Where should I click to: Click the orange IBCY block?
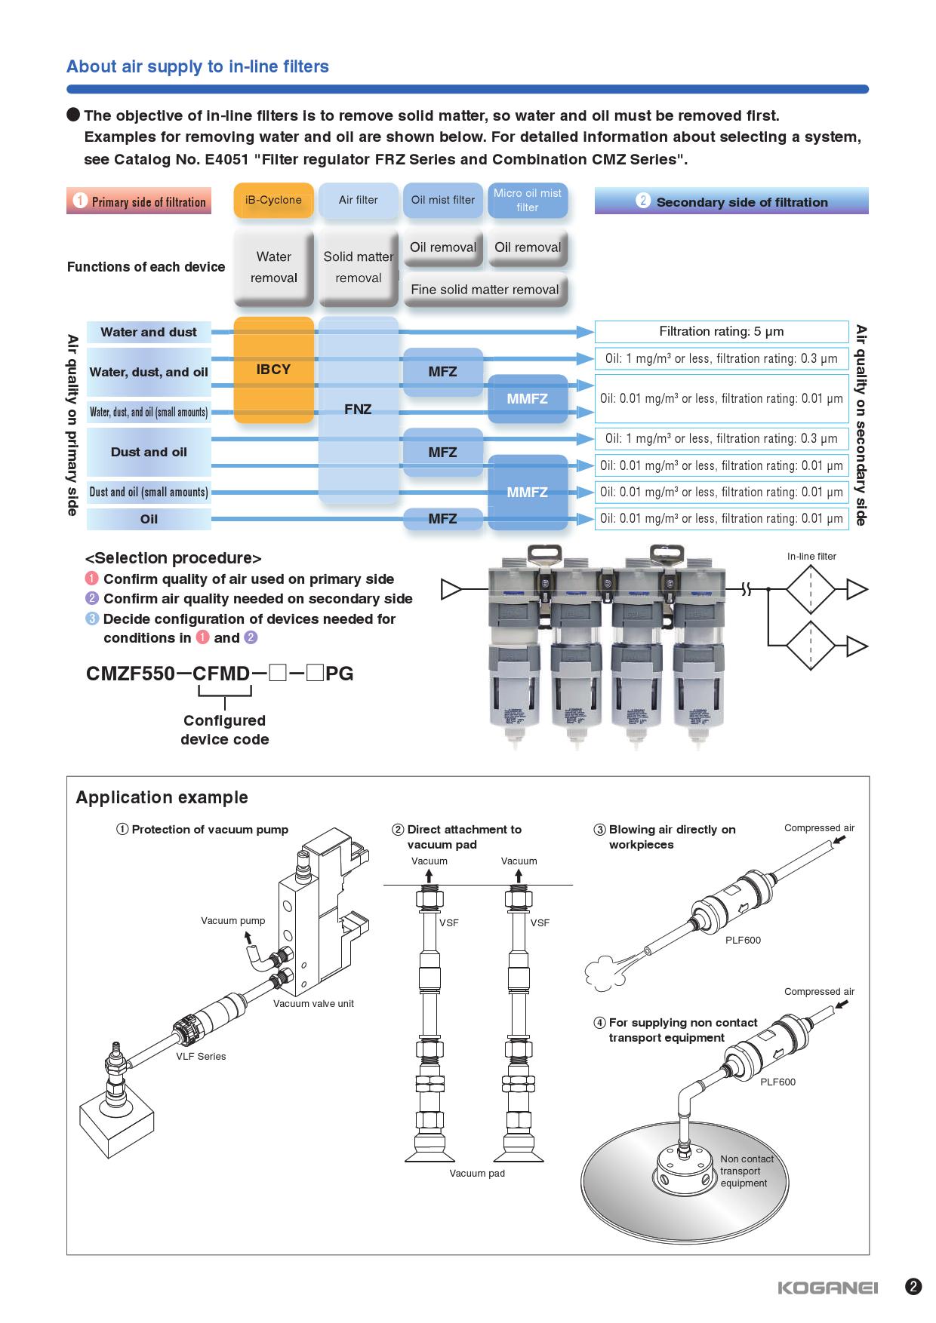click(273, 370)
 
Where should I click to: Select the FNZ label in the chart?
click(358, 410)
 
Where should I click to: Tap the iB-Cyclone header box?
click(273, 201)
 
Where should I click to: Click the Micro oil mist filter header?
click(527, 201)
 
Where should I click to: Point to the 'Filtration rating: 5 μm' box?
click(721, 331)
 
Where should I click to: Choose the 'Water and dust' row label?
click(149, 332)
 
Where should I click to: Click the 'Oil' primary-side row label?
click(149, 519)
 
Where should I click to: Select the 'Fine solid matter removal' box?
click(485, 290)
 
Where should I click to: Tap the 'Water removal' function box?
click(273, 268)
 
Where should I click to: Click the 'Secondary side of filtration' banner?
click(731, 201)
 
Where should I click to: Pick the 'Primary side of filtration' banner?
click(139, 201)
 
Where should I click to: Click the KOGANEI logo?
click(827, 1288)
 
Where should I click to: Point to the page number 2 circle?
click(913, 1287)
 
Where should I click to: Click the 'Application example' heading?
click(162, 797)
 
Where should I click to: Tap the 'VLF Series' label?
click(201, 1056)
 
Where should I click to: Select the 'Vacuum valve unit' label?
click(313, 1003)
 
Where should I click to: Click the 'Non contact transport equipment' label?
click(747, 1171)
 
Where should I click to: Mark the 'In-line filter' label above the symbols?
click(811, 557)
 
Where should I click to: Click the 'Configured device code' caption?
click(224, 729)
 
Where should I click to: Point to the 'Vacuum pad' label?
click(477, 1173)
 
